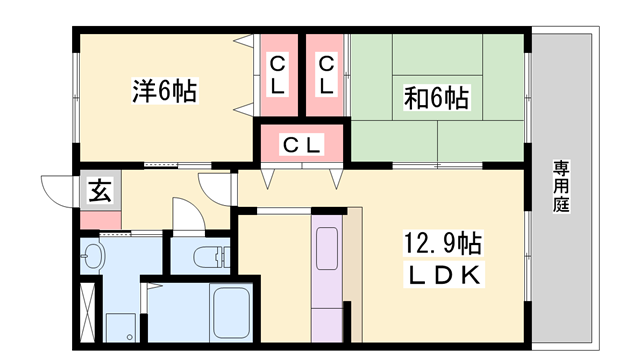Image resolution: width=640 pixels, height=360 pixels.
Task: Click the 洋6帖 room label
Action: (x=164, y=91)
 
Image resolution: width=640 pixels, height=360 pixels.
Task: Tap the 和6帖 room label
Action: (x=436, y=98)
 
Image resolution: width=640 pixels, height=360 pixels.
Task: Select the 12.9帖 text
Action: (x=443, y=243)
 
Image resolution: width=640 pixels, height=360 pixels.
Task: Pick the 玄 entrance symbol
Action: (x=102, y=188)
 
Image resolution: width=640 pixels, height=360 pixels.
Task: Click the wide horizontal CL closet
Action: (x=302, y=145)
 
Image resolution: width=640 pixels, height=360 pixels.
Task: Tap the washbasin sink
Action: (x=93, y=256)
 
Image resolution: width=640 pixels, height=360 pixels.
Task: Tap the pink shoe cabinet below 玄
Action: (x=102, y=216)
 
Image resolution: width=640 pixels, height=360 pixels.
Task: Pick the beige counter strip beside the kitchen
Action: (x=353, y=270)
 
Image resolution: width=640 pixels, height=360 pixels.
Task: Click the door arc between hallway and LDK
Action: (x=215, y=188)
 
